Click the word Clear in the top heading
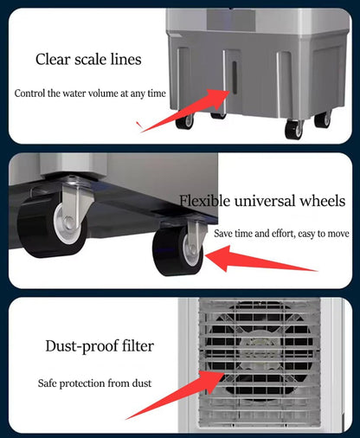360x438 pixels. pos(53,59)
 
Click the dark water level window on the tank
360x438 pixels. pos(235,77)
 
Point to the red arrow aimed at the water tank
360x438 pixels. pos(184,111)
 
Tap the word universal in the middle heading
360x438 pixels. pos(265,201)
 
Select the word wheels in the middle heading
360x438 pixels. pos(323,201)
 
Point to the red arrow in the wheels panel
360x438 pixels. pos(261,259)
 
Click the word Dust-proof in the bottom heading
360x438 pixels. pos(81,346)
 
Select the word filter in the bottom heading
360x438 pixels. pos(138,345)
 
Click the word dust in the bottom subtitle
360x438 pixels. pos(142,383)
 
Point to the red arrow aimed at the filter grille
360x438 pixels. pos(175,396)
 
